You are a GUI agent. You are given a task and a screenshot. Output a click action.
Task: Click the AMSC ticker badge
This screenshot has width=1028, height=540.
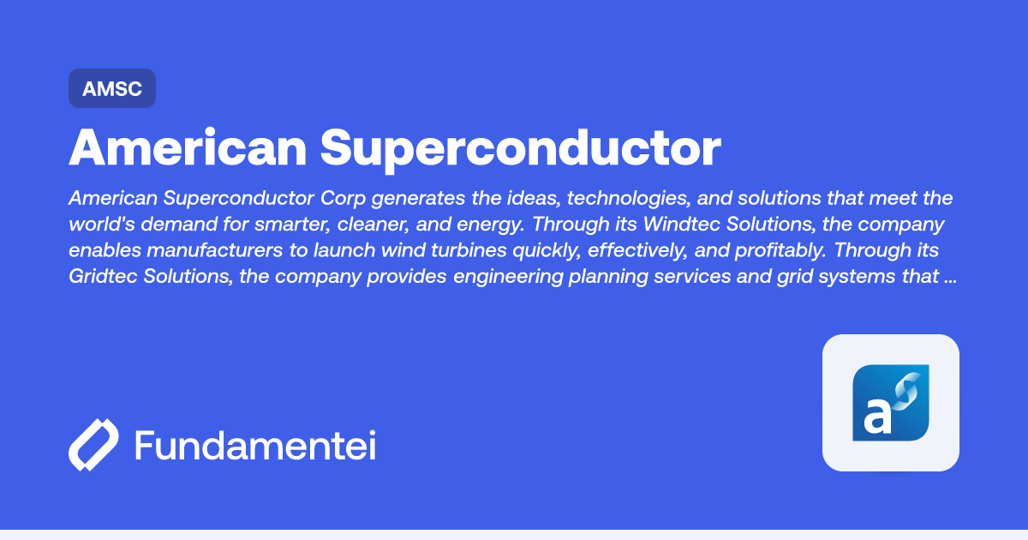112,88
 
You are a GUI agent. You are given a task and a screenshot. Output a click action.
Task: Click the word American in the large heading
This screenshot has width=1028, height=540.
188,147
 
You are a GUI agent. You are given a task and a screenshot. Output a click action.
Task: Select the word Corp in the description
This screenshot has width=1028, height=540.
343,198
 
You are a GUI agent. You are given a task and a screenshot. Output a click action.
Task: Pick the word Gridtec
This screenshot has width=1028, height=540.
103,276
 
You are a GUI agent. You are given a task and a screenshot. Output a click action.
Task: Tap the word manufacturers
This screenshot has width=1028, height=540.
214,250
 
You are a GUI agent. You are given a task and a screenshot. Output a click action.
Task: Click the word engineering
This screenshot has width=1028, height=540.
508,276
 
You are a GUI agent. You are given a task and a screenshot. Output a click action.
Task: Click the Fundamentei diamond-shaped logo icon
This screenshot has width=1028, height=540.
93,445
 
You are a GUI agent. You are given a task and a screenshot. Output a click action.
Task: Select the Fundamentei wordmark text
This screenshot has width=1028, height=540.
255,445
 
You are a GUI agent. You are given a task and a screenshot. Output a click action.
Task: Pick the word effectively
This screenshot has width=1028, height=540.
637,250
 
